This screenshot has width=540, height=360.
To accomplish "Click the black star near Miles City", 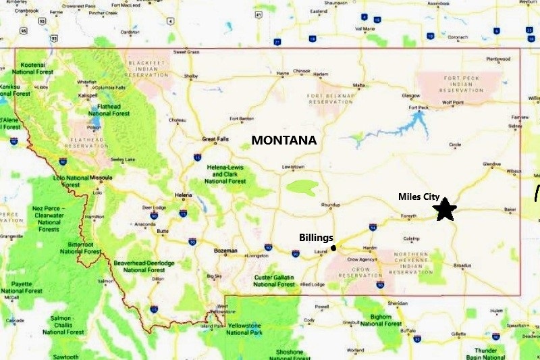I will click(x=444, y=209).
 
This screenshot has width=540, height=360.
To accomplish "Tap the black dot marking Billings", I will click(x=333, y=248).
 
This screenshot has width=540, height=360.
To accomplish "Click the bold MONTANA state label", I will click(x=283, y=140).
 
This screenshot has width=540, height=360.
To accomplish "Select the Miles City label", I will click(x=419, y=197).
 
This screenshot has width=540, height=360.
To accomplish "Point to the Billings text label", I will click(x=317, y=238).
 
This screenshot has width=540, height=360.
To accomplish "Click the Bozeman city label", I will click(x=225, y=251).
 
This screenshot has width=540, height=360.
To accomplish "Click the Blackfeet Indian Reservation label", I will click(x=144, y=66).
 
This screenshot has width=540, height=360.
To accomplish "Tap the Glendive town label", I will click(x=493, y=164).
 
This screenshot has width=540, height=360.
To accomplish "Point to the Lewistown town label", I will click(x=293, y=167).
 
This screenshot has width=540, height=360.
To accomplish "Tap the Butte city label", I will click(x=162, y=231).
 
